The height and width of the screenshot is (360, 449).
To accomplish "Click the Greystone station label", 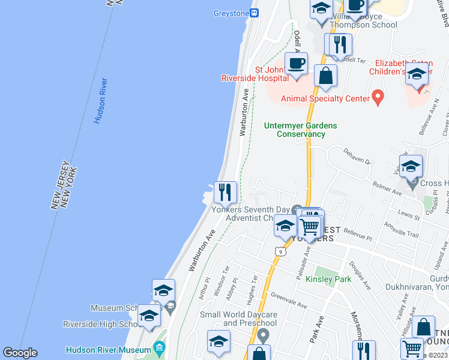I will [231, 13].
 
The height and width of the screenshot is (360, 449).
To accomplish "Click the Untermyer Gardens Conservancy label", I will [301, 130].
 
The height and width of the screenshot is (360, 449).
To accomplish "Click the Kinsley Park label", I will [328, 279].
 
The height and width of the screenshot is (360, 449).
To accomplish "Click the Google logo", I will [20, 353].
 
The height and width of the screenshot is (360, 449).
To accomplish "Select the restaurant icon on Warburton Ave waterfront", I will [225, 192].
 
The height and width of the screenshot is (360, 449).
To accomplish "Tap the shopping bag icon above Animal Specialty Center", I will [325, 76].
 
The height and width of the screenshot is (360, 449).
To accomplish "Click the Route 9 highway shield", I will [280, 251].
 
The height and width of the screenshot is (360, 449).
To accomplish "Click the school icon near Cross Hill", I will [411, 166].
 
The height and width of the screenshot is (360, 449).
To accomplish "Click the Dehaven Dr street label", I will [355, 158].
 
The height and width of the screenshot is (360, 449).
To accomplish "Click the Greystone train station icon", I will [255, 13].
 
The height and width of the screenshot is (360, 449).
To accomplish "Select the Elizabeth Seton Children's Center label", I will [400, 67].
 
